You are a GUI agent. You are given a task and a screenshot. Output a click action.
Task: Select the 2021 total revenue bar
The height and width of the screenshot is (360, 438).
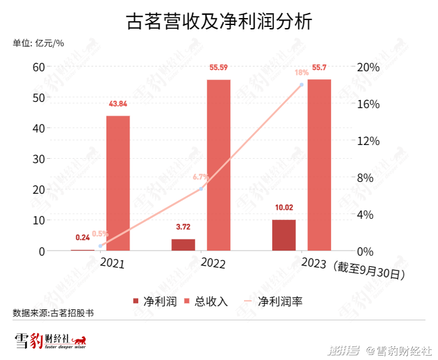point(118,183)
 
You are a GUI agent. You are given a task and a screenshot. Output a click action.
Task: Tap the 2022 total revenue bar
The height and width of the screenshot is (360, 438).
point(218,165)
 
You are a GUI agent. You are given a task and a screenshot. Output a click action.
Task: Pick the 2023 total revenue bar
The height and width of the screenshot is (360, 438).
point(319,165)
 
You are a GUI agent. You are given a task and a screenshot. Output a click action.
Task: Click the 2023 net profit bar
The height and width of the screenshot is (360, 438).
point(283,235)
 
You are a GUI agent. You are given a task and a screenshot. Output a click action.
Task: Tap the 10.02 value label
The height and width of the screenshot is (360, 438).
point(283,208)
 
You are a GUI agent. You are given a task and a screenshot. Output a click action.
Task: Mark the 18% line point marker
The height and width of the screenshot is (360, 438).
point(302,85)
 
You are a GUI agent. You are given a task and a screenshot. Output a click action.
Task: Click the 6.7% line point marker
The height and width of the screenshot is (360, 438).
point(201,189)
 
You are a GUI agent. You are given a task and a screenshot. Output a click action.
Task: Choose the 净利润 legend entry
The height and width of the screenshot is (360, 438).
point(150,301)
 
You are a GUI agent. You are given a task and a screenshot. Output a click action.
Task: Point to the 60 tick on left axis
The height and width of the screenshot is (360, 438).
point(38,67)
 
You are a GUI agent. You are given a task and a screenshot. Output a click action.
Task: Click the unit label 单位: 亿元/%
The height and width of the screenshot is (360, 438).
point(38,43)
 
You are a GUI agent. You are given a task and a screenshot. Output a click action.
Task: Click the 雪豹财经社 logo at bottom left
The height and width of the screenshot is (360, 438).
point(50,341)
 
